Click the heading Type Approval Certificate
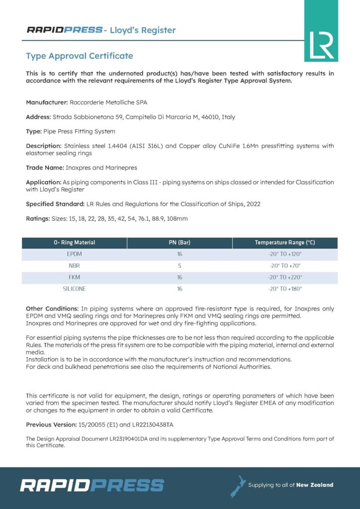80,56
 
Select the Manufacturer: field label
47,102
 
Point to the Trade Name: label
43,168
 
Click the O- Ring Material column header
74,243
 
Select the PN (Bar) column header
180,243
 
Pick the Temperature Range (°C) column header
285,243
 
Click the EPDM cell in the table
74,254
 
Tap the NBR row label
74,265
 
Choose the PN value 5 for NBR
180,265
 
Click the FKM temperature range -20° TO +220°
285,277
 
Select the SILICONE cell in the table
74,288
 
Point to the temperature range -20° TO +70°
285,265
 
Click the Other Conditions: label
52,309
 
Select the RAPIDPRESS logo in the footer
92,485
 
